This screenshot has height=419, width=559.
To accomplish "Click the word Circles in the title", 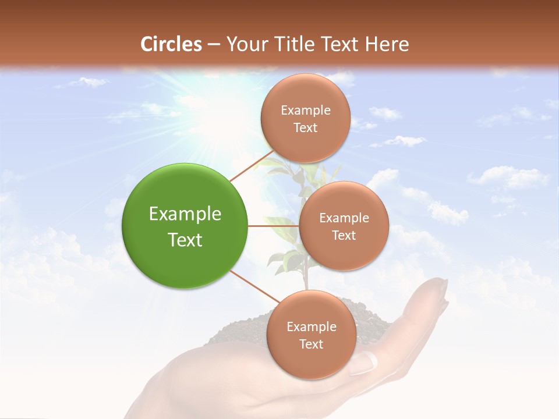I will (171, 44).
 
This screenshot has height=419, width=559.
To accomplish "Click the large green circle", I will (185, 225).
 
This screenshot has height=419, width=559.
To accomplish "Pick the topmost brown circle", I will (305, 118).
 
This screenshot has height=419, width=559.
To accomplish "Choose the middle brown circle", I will (344, 226).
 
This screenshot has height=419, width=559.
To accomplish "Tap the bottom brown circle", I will (311, 335).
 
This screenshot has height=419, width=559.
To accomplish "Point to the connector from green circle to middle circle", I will (273, 226).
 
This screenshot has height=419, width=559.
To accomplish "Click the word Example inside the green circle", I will (185, 214).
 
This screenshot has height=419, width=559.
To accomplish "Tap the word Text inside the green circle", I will (185, 240).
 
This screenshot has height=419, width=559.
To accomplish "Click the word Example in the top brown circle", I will (305, 110).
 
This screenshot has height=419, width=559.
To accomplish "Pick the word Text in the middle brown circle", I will (344, 235).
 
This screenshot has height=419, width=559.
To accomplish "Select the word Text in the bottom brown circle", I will (311, 344).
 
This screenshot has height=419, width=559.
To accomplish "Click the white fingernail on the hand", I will (364, 362).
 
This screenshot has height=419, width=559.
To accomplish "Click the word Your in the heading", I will (243, 44).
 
